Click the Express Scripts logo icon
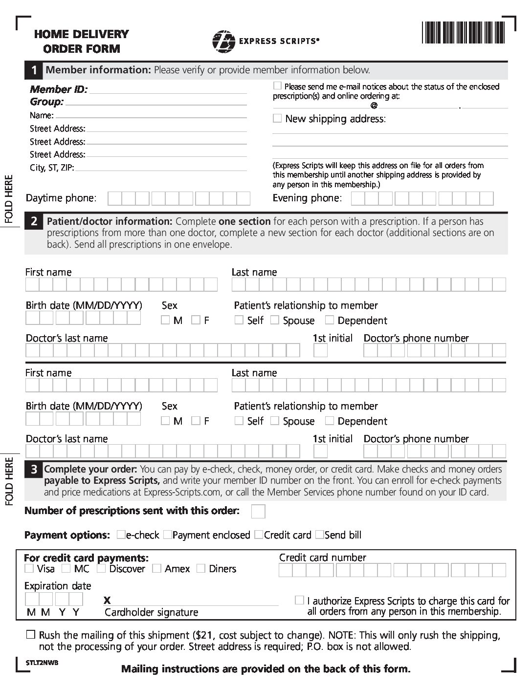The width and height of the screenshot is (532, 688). pyautogui.click(x=223, y=41)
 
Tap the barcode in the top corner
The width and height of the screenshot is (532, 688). pyautogui.click(x=463, y=33)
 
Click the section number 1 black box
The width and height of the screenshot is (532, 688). pyautogui.click(x=34, y=70)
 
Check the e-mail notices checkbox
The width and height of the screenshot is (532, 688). pyautogui.click(x=277, y=86)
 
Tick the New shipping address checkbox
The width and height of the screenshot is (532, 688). pyautogui.click(x=277, y=118)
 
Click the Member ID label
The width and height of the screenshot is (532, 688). pyautogui.click(x=59, y=89)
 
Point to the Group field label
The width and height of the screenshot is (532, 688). pyautogui.click(x=47, y=102)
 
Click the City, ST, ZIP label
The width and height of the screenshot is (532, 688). pyautogui.click(x=52, y=168)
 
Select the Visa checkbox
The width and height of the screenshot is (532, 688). pyautogui.click(x=29, y=568)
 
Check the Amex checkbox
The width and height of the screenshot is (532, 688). pyautogui.click(x=156, y=568)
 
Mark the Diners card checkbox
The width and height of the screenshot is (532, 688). pyautogui.click(x=200, y=568)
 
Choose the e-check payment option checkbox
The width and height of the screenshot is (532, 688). pyautogui.click(x=120, y=535)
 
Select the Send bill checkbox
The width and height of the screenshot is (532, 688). pyautogui.click(x=319, y=535)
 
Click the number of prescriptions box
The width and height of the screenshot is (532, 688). pyautogui.click(x=258, y=511)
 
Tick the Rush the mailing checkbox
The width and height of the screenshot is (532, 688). pyautogui.click(x=31, y=635)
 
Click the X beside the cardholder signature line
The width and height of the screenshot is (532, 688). pyautogui.click(x=108, y=601)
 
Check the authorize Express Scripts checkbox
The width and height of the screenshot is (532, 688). pyautogui.click(x=299, y=600)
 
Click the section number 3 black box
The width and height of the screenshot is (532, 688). pyautogui.click(x=34, y=470)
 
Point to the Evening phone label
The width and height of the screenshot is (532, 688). pyautogui.click(x=307, y=198)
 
